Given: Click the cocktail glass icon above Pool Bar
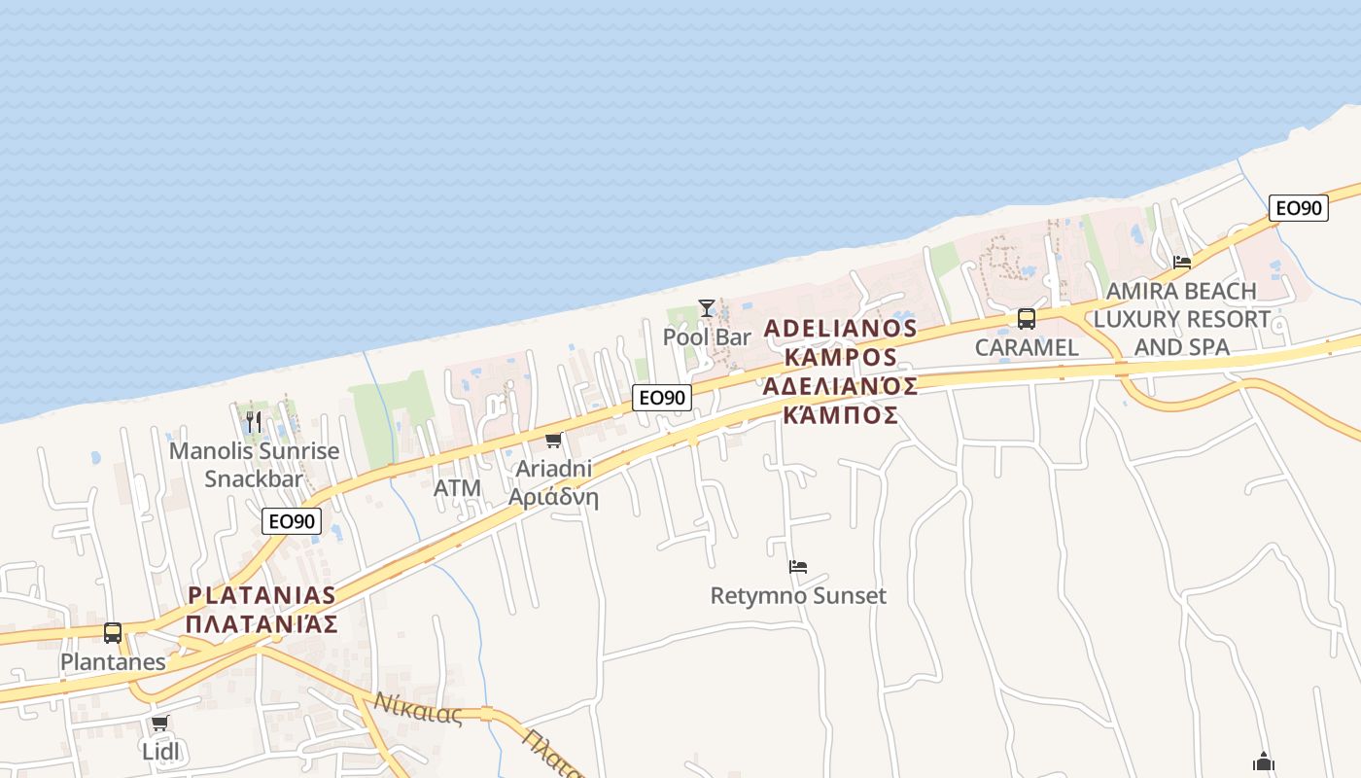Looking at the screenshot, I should tap(707, 308).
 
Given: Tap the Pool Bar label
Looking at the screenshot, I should tap(707, 337).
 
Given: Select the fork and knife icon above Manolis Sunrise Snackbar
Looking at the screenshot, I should tap(254, 421).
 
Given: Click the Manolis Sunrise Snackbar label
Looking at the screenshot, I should tap(254, 465).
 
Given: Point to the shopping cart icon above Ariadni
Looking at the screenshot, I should tap(553, 441).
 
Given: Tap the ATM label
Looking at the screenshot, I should tap(457, 488).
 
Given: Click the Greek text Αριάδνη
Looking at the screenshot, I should tap(553, 498).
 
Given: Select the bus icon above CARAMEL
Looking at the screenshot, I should tap(1026, 319).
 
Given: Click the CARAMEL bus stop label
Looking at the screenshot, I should tap(1027, 347).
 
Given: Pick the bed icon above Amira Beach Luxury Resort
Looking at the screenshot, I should tap(1182, 262).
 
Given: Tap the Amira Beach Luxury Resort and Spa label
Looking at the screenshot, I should tap(1182, 318).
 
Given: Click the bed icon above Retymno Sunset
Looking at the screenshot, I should tap(798, 566).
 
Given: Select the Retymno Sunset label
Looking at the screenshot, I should tap(798, 595).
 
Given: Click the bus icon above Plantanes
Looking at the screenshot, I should tap(113, 633).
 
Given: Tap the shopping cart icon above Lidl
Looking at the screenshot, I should tap(160, 723).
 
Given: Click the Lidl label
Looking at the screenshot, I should tap(161, 751).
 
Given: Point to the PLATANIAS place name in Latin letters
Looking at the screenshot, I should tap(262, 595).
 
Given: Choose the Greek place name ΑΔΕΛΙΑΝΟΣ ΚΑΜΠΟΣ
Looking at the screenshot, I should tap(840, 401).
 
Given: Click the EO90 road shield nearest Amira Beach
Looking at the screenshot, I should tap(1298, 207).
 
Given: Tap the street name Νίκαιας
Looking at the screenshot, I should tap(418, 708).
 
